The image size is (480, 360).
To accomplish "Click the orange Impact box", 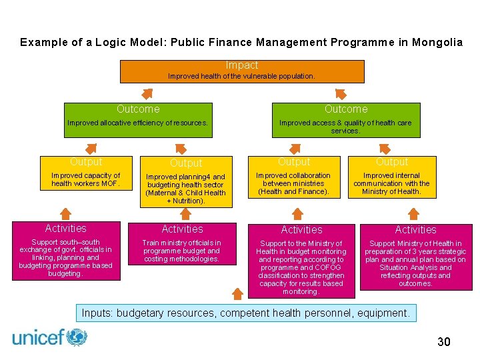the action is tap(242, 71).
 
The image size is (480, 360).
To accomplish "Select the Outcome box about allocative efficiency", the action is tap(138, 120).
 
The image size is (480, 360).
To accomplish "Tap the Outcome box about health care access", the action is tap(346, 120).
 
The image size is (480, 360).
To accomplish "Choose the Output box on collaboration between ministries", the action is tap(294, 179).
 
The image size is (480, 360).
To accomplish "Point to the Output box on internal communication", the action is tap(391, 179).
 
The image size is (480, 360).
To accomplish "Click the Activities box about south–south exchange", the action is tap(66, 251).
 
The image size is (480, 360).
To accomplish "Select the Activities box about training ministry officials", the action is tap(182, 244).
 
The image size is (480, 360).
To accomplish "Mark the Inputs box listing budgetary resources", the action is tap(246, 313).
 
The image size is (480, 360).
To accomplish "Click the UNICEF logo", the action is tap(50, 337).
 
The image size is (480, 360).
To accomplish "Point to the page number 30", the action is tap(443, 342).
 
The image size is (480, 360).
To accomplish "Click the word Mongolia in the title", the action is tap(437, 42).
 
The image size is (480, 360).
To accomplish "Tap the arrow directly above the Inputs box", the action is tap(237, 294).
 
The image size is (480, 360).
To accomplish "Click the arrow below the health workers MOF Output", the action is tap(65, 213).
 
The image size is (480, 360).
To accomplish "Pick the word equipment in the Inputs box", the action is tap(385, 313).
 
